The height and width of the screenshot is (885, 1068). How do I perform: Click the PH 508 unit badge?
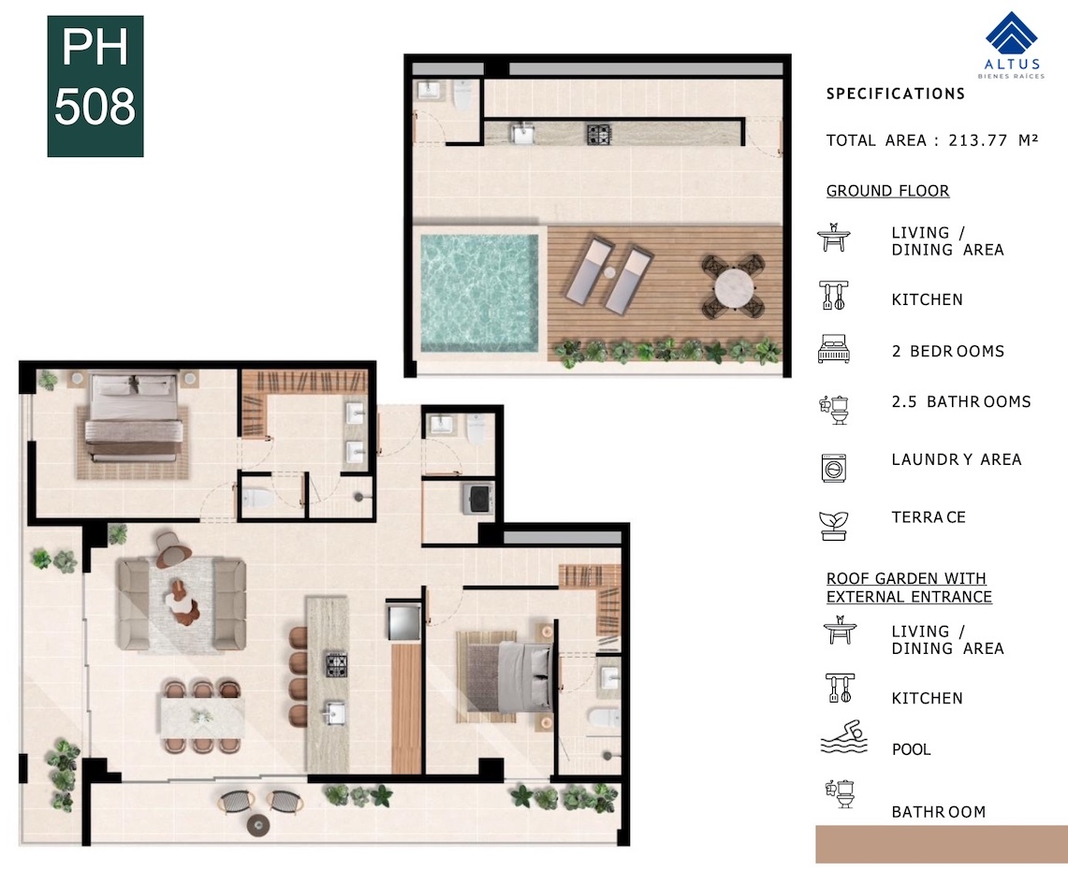click(95, 86)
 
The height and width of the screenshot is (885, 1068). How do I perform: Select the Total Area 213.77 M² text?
click(931, 141)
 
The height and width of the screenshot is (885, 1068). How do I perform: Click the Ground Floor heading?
click(887, 191)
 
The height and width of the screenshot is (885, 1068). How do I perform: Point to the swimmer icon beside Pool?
click(844, 737)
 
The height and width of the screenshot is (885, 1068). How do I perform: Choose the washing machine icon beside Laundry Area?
click(834, 469)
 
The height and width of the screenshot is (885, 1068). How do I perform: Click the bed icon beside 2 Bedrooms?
click(834, 349)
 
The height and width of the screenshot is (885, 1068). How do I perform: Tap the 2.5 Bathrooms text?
click(961, 402)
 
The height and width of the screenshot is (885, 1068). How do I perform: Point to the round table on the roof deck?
click(734, 288)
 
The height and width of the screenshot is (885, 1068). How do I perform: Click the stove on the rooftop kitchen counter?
click(599, 134)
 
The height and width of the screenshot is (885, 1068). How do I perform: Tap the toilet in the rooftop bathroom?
click(462, 96)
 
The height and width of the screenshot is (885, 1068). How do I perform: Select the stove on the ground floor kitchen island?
click(335, 664)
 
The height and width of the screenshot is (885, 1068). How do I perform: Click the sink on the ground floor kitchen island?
click(334, 714)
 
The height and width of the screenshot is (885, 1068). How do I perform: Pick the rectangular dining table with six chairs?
click(202, 717)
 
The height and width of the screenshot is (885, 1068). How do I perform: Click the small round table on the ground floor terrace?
click(259, 825)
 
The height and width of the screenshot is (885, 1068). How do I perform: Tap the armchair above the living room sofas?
click(168, 549)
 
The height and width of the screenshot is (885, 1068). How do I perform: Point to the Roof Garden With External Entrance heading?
click(909, 588)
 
